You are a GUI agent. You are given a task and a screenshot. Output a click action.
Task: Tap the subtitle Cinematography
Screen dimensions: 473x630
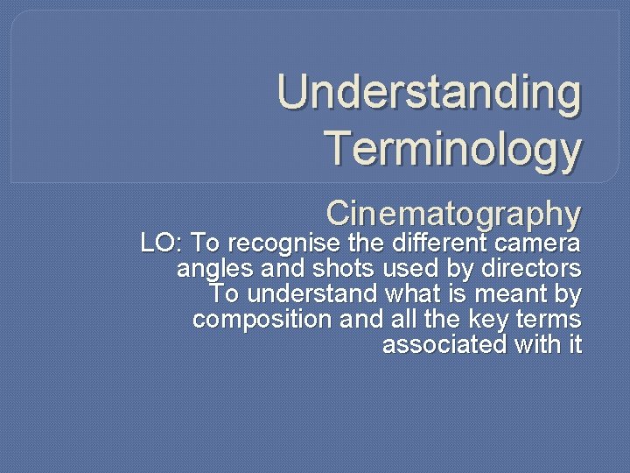click(x=453, y=213)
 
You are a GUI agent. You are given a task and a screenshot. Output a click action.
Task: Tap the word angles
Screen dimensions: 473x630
click(x=207, y=267)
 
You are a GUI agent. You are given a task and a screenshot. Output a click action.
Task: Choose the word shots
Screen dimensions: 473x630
click(x=333, y=267)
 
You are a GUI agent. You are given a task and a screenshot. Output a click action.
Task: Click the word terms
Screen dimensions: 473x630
click(x=544, y=319)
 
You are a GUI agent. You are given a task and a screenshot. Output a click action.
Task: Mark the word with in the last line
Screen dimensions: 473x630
click(x=538, y=344)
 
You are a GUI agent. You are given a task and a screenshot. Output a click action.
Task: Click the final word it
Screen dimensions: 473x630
click(x=574, y=344)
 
